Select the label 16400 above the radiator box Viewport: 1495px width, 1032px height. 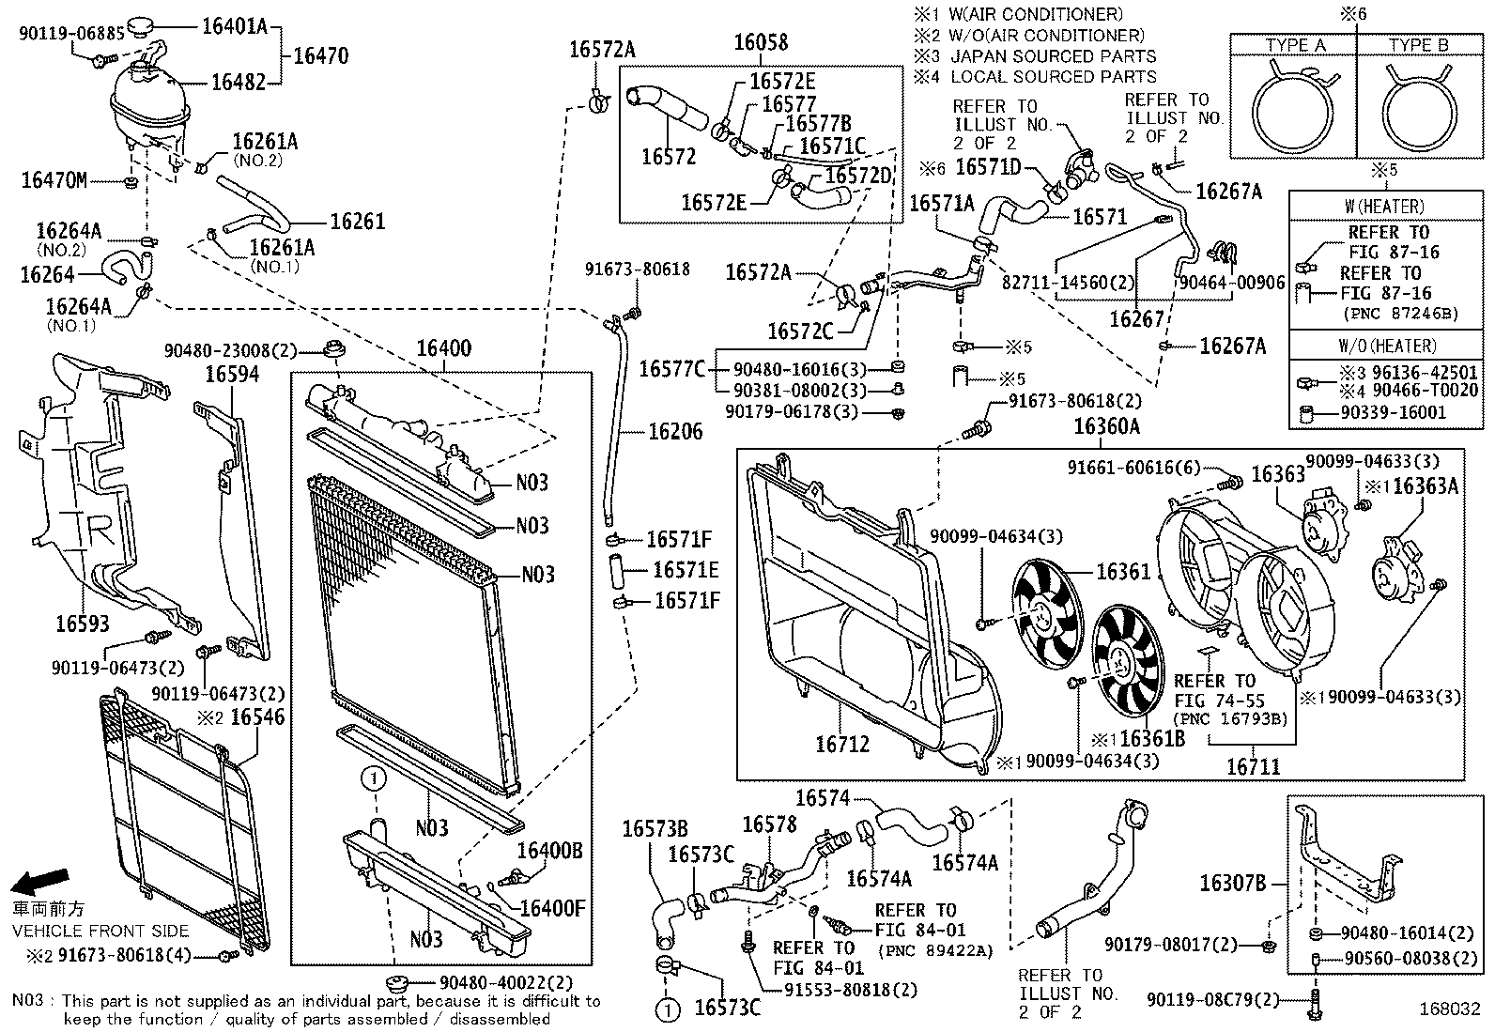pyautogui.click(x=444, y=349)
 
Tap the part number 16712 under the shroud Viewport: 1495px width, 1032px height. pyautogui.click(x=842, y=744)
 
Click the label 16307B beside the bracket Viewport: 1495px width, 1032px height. pyautogui.click(x=1233, y=883)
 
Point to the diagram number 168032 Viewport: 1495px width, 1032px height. pyautogui.click(x=1450, y=1010)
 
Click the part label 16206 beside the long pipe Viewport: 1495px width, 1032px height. pyautogui.click(x=675, y=432)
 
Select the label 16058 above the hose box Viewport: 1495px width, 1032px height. pyautogui.click(x=761, y=42)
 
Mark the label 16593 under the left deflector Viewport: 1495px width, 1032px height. pyautogui.click(x=82, y=623)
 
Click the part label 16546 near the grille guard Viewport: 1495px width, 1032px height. pyautogui.click(x=257, y=717)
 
